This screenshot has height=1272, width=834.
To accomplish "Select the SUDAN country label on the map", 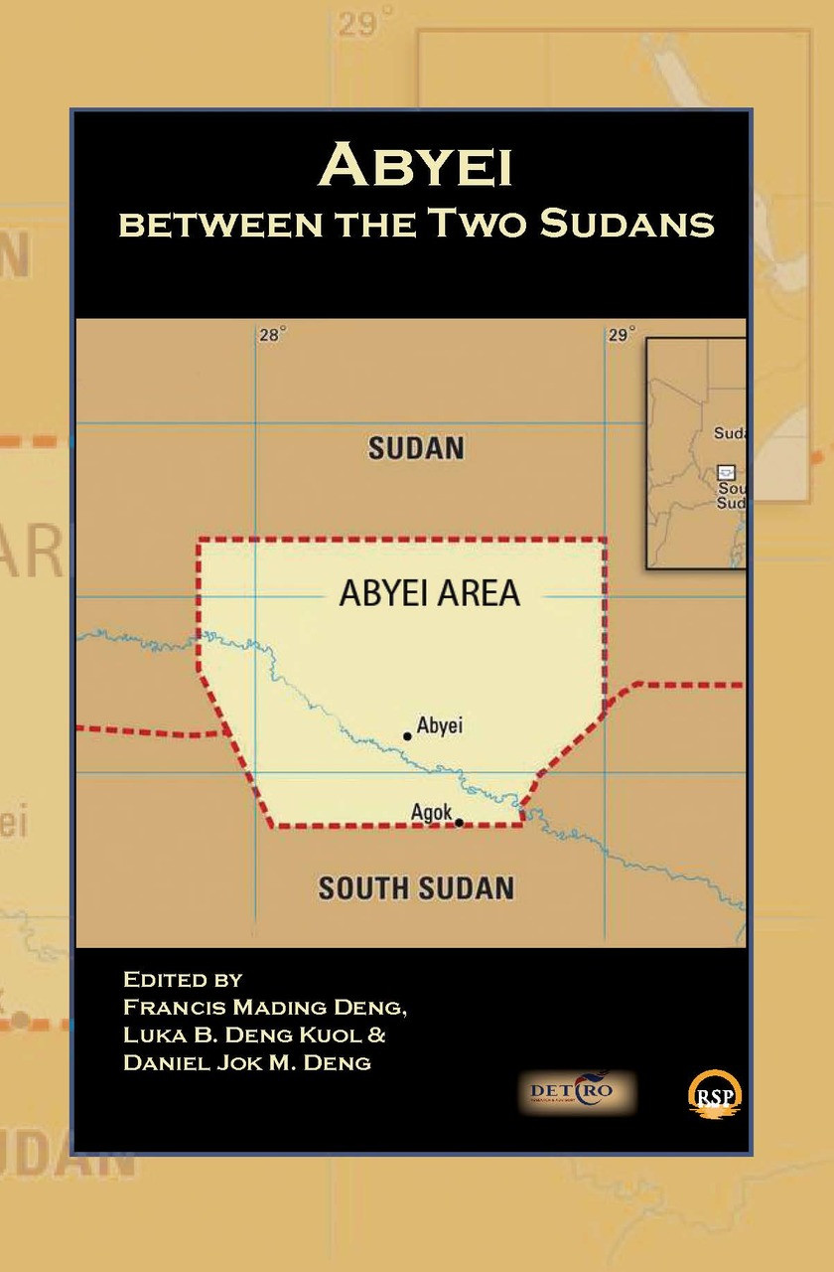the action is click(416, 448).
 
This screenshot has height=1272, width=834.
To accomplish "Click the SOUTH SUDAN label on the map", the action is click(416, 887).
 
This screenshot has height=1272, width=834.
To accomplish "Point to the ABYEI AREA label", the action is click(429, 593).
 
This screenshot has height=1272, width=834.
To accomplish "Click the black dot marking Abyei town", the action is click(407, 736).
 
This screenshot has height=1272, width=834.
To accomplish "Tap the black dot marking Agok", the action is click(459, 823).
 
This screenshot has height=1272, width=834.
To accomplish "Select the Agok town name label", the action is click(430, 813).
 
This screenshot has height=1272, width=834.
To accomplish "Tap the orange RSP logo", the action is click(715, 1095).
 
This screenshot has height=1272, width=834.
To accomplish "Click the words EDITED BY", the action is click(183, 979).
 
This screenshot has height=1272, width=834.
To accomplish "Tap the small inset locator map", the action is click(696, 453).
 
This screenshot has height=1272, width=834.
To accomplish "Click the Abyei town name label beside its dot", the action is click(440, 725).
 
